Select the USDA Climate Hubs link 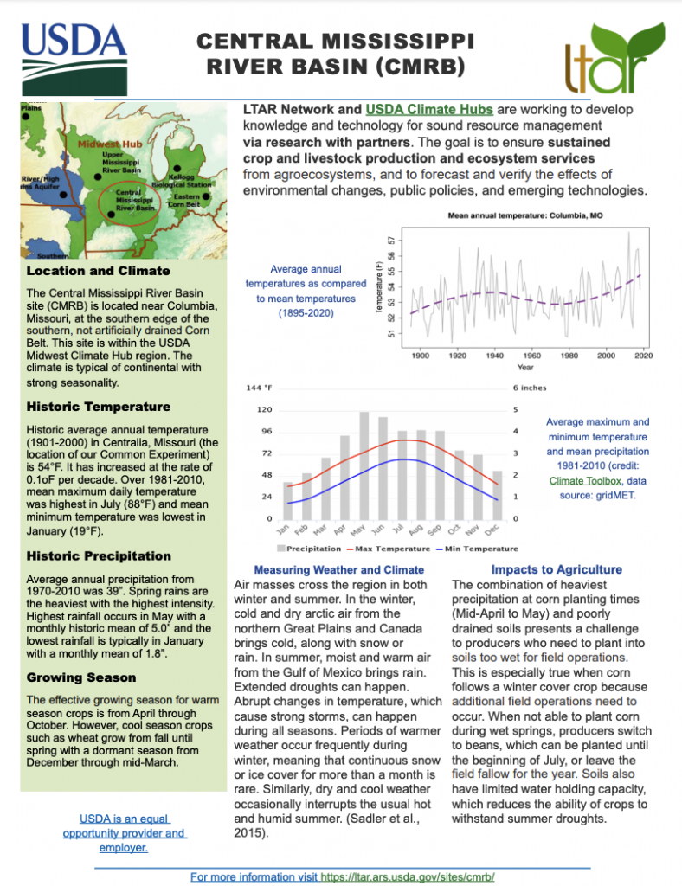point(429,110)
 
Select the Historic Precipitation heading point(99,555)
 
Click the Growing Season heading point(74,677)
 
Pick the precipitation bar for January point(288,500)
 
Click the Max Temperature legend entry point(389,549)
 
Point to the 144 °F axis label point(259,388)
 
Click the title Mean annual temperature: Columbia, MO point(525,215)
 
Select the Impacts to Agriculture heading point(557,569)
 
